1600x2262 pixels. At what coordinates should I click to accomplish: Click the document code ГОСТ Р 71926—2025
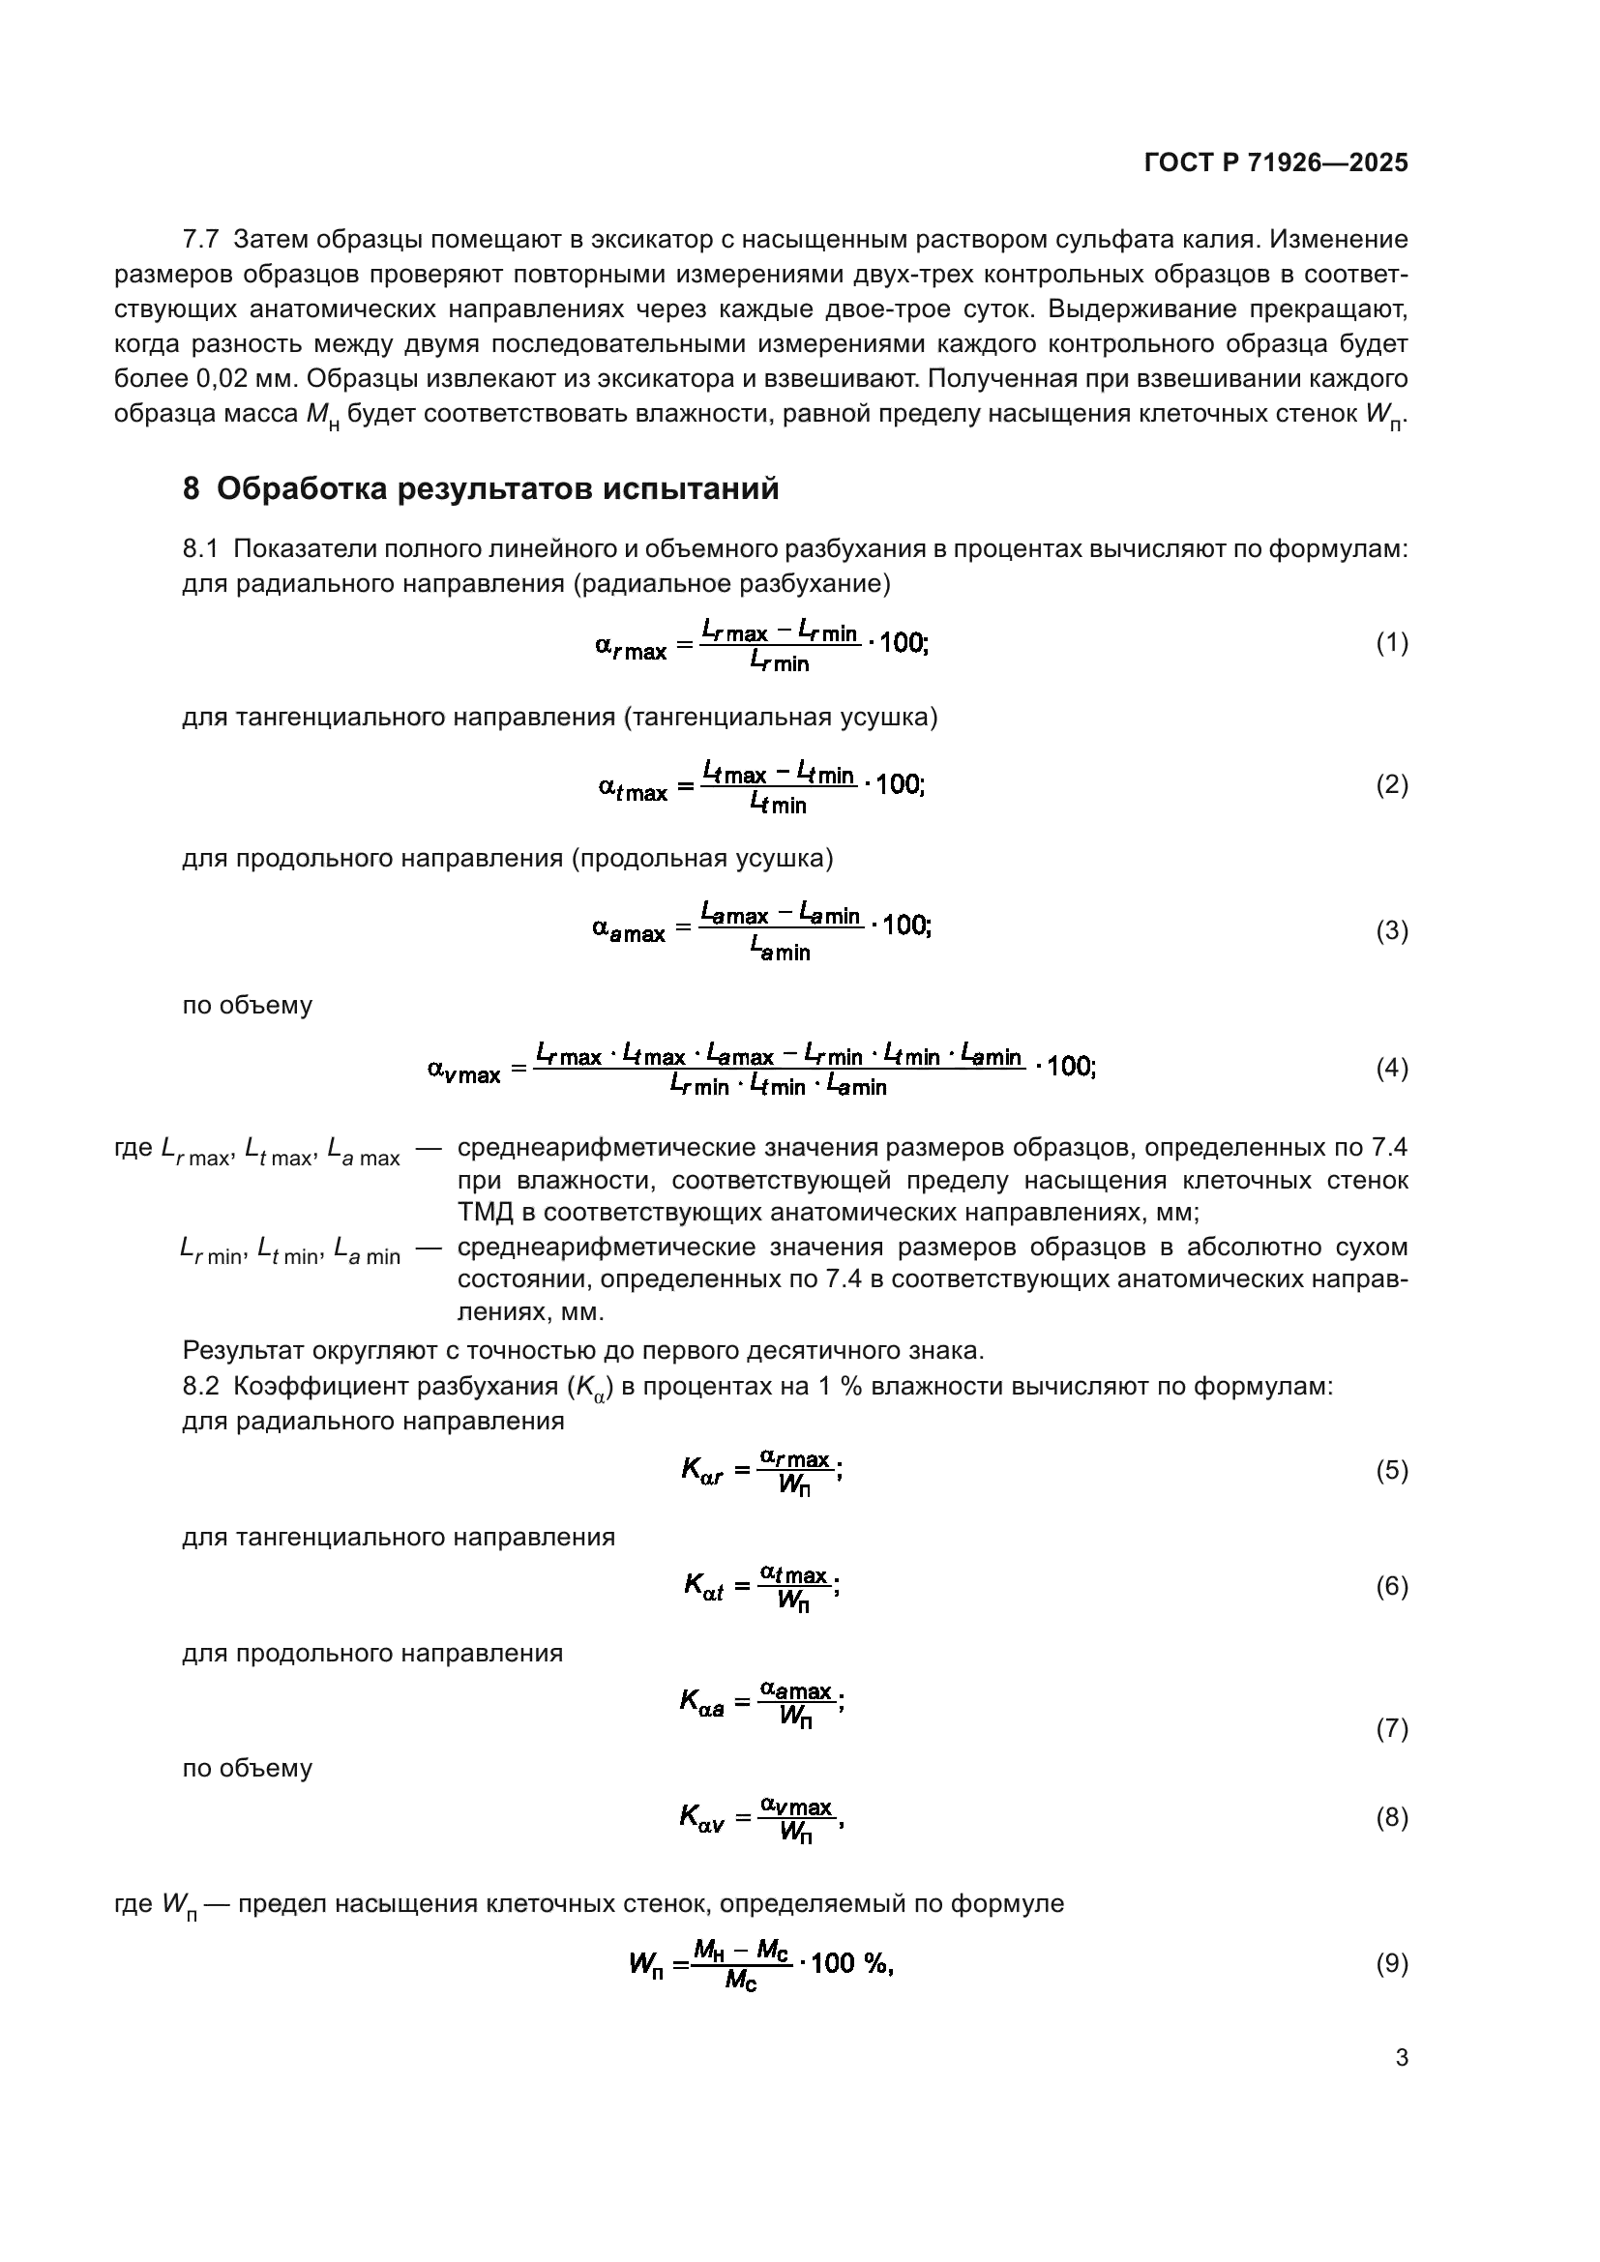(x=1276, y=162)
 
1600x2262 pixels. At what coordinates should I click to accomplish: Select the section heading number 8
(x=192, y=488)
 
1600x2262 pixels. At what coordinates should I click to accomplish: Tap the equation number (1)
(x=1391, y=643)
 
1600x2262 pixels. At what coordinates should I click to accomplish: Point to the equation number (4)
(x=1391, y=1069)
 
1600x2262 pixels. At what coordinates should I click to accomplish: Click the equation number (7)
(x=1391, y=1728)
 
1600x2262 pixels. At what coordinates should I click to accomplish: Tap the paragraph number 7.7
(x=201, y=240)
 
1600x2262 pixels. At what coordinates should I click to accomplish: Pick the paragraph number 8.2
(x=201, y=1386)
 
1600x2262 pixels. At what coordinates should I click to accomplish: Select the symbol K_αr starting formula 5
(x=702, y=1471)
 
